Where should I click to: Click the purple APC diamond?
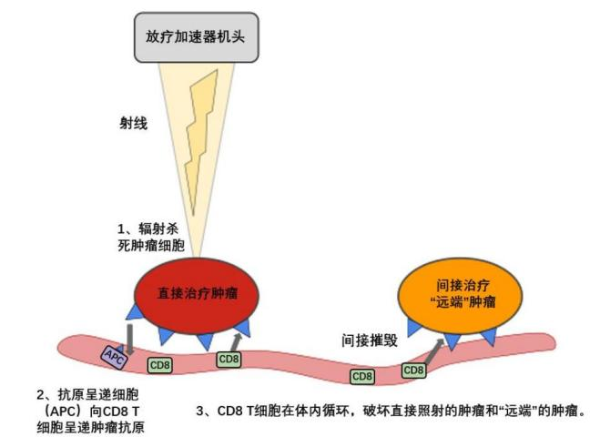(x=114, y=353)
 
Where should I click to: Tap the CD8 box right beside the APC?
(x=158, y=364)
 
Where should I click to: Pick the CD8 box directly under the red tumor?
(x=229, y=359)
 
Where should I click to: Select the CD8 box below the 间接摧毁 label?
(x=362, y=375)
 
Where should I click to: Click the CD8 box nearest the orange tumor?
(x=413, y=370)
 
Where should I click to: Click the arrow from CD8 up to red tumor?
(x=238, y=340)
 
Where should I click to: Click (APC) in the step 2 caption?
(x=61, y=411)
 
